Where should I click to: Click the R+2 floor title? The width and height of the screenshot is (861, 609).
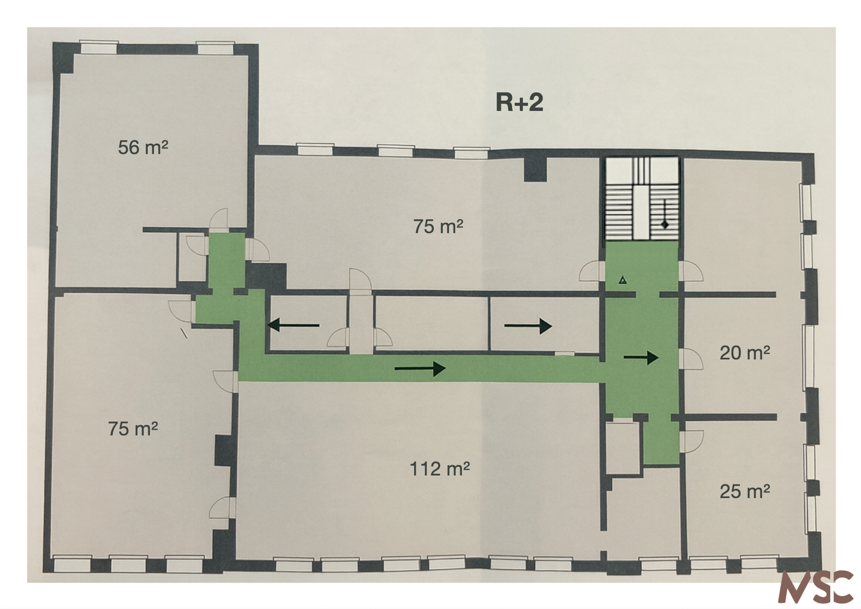(x=519, y=103)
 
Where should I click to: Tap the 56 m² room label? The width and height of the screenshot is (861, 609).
(x=143, y=148)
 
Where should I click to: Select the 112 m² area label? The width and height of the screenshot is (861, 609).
(x=440, y=468)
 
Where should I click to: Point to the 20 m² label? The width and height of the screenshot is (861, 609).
(x=745, y=353)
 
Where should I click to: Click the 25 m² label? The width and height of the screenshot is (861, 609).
(x=745, y=491)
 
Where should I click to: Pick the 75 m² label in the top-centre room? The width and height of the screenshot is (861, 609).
(x=438, y=226)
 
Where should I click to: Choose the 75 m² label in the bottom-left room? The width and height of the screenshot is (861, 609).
(x=133, y=429)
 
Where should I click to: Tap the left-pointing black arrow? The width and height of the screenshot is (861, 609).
(x=293, y=325)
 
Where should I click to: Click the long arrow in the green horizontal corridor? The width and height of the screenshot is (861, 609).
(x=420, y=368)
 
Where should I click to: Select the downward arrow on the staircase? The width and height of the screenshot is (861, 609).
(x=665, y=214)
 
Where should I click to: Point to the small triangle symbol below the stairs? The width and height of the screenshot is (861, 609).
(x=623, y=280)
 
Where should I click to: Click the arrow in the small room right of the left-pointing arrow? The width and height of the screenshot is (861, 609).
(x=528, y=326)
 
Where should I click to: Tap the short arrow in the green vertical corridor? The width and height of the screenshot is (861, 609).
(x=641, y=358)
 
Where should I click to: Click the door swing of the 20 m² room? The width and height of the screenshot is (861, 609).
(x=691, y=359)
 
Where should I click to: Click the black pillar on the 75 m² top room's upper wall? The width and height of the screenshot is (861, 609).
(x=535, y=170)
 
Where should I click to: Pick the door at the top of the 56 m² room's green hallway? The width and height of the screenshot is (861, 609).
(x=218, y=220)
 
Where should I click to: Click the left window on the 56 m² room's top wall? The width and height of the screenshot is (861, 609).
(x=99, y=47)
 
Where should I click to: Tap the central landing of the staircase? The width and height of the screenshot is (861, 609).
(x=641, y=211)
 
